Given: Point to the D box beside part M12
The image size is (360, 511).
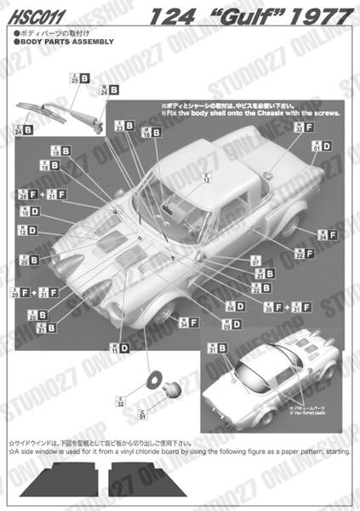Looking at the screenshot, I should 32,230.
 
